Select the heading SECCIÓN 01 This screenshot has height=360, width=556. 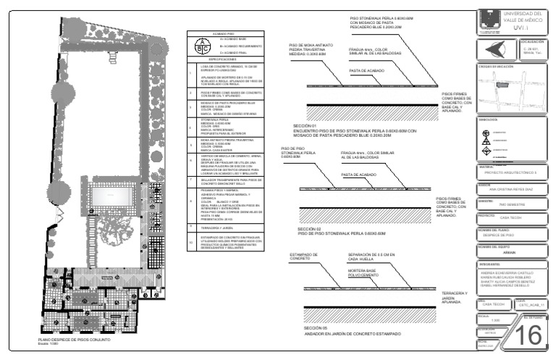pyautogui.click(x=306, y=126)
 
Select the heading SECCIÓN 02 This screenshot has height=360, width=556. pyautogui.click(x=309, y=229)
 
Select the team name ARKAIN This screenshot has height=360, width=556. pyautogui.click(x=510, y=253)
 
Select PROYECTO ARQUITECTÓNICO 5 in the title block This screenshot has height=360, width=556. pyautogui.click(x=510, y=174)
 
